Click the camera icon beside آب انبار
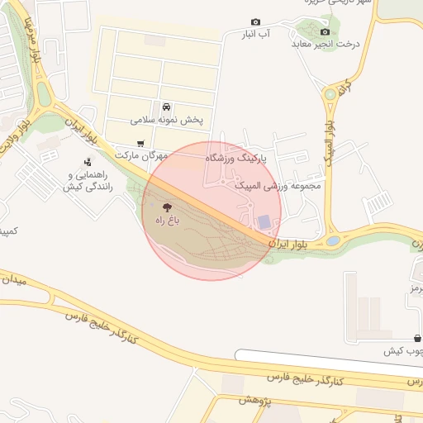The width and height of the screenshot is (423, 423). [x=255, y=21]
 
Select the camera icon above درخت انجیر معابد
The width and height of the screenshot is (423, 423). [x=325, y=31]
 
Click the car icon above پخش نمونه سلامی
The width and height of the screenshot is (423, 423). [x=167, y=107]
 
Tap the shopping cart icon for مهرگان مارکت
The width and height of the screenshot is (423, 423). [x=140, y=143]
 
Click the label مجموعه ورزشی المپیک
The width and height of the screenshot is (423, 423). [x=278, y=186]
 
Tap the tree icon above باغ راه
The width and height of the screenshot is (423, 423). [x=168, y=207]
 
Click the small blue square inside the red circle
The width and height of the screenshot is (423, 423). [x=263, y=221]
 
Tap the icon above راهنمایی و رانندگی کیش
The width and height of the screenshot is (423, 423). [x=88, y=162]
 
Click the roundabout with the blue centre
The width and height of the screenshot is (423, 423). [x=333, y=240]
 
